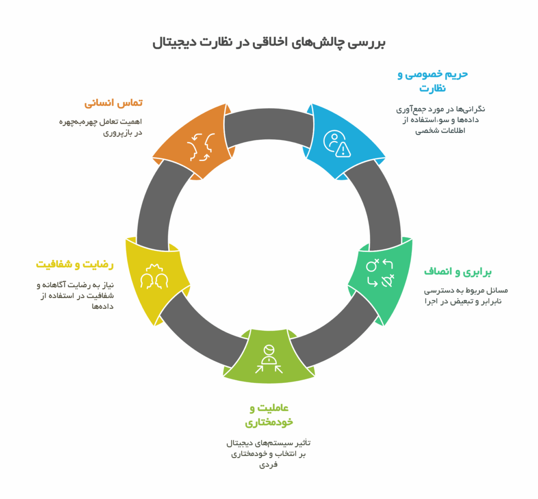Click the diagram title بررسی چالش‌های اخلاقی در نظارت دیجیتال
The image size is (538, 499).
pyautogui.click(x=269, y=43)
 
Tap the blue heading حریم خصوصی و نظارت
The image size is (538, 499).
pyautogui.click(x=433, y=81)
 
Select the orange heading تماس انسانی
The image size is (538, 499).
pyautogui.click(x=113, y=103)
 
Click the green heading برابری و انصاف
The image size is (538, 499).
pyautogui.click(x=458, y=272)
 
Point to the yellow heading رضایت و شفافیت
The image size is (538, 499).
pyautogui.click(x=75, y=264)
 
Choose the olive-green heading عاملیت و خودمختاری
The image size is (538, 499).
pyautogui.click(x=269, y=415)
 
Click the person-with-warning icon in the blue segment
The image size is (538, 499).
pyautogui.click(x=337, y=144)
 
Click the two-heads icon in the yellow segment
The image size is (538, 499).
pyautogui.click(x=154, y=276)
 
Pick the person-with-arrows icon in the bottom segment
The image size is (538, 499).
pyautogui.click(x=269, y=359)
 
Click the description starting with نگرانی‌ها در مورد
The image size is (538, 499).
pyautogui.click(x=441, y=120)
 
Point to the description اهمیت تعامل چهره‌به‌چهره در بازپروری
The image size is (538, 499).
pyautogui.click(x=100, y=127)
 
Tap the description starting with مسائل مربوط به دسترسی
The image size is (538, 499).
pyautogui.click(x=466, y=296)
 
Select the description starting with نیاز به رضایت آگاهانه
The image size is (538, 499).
pyautogui.click(x=75, y=296)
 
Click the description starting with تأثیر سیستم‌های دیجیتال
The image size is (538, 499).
pyautogui.click(x=268, y=454)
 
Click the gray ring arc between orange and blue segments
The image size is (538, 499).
pyautogui.click(x=269, y=124)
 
